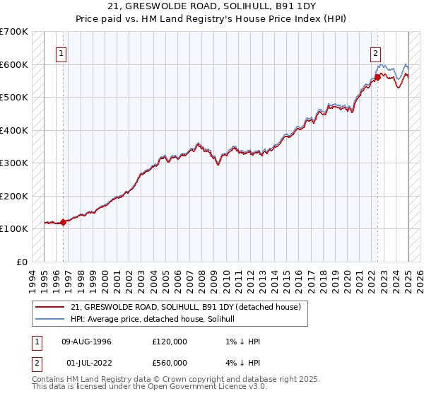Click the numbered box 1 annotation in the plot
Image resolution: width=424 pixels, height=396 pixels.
coord(61,52)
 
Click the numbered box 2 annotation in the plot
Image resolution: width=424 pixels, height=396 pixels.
coord(375,52)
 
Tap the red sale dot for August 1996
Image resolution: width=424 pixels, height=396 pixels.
coord(64,222)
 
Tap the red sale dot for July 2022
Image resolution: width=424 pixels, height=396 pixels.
coord(377,78)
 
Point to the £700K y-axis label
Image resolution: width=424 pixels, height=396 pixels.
coord(14,32)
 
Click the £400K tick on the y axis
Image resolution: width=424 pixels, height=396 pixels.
coord(14,130)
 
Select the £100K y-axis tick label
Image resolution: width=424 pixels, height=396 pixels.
coord(14,228)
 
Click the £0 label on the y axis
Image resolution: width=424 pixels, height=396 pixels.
coord(22,262)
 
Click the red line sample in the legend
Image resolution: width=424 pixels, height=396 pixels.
coord(49,307)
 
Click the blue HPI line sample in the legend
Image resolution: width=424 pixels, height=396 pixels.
coord(49,319)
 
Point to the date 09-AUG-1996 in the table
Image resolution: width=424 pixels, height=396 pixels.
coord(87,342)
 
